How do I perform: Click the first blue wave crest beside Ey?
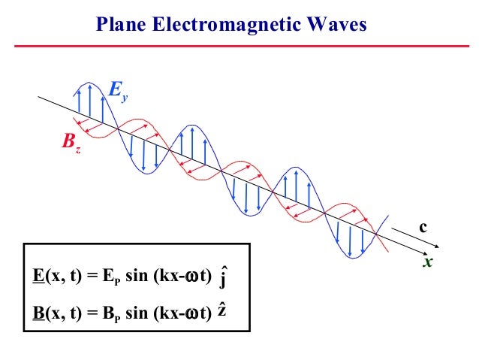[89, 84]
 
